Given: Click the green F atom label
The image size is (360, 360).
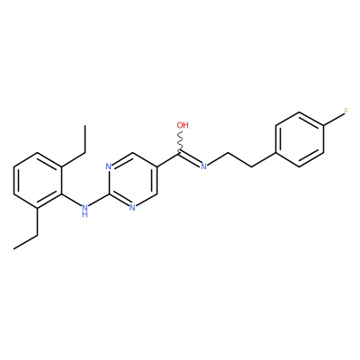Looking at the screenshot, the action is pos(346,112).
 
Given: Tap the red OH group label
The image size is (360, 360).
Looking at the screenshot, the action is pos(183,125).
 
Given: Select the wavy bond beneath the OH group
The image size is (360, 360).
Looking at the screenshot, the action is pos(181,141).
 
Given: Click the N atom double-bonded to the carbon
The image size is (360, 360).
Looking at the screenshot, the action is pos(203,166).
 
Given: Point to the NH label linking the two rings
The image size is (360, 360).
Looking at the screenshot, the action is pos(85,209).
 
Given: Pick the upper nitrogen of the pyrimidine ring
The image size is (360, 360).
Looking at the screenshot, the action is pos(108,166).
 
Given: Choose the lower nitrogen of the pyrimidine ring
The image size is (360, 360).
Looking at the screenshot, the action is pos(132,208).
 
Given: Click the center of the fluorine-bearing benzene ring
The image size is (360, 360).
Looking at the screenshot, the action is pos(300,139).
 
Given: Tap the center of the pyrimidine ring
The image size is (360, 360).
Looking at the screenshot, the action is pos(132,180).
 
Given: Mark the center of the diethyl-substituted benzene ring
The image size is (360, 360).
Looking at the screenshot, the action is pos(38,181).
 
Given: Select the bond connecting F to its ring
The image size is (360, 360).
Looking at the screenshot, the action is pos(334,119).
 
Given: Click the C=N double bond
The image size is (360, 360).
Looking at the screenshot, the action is pos(190,159).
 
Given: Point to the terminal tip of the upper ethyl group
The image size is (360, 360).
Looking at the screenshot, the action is pos(85,125).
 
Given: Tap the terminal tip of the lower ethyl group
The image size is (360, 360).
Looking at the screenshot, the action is pos(13,249).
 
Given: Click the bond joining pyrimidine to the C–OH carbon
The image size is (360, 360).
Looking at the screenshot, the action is pos(168,160).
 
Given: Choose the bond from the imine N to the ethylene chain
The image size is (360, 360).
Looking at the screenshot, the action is pos(217,159).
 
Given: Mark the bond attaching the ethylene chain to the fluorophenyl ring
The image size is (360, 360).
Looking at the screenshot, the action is pos(264,160).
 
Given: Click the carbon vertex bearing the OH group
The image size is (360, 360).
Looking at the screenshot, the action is pos(181,154).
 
